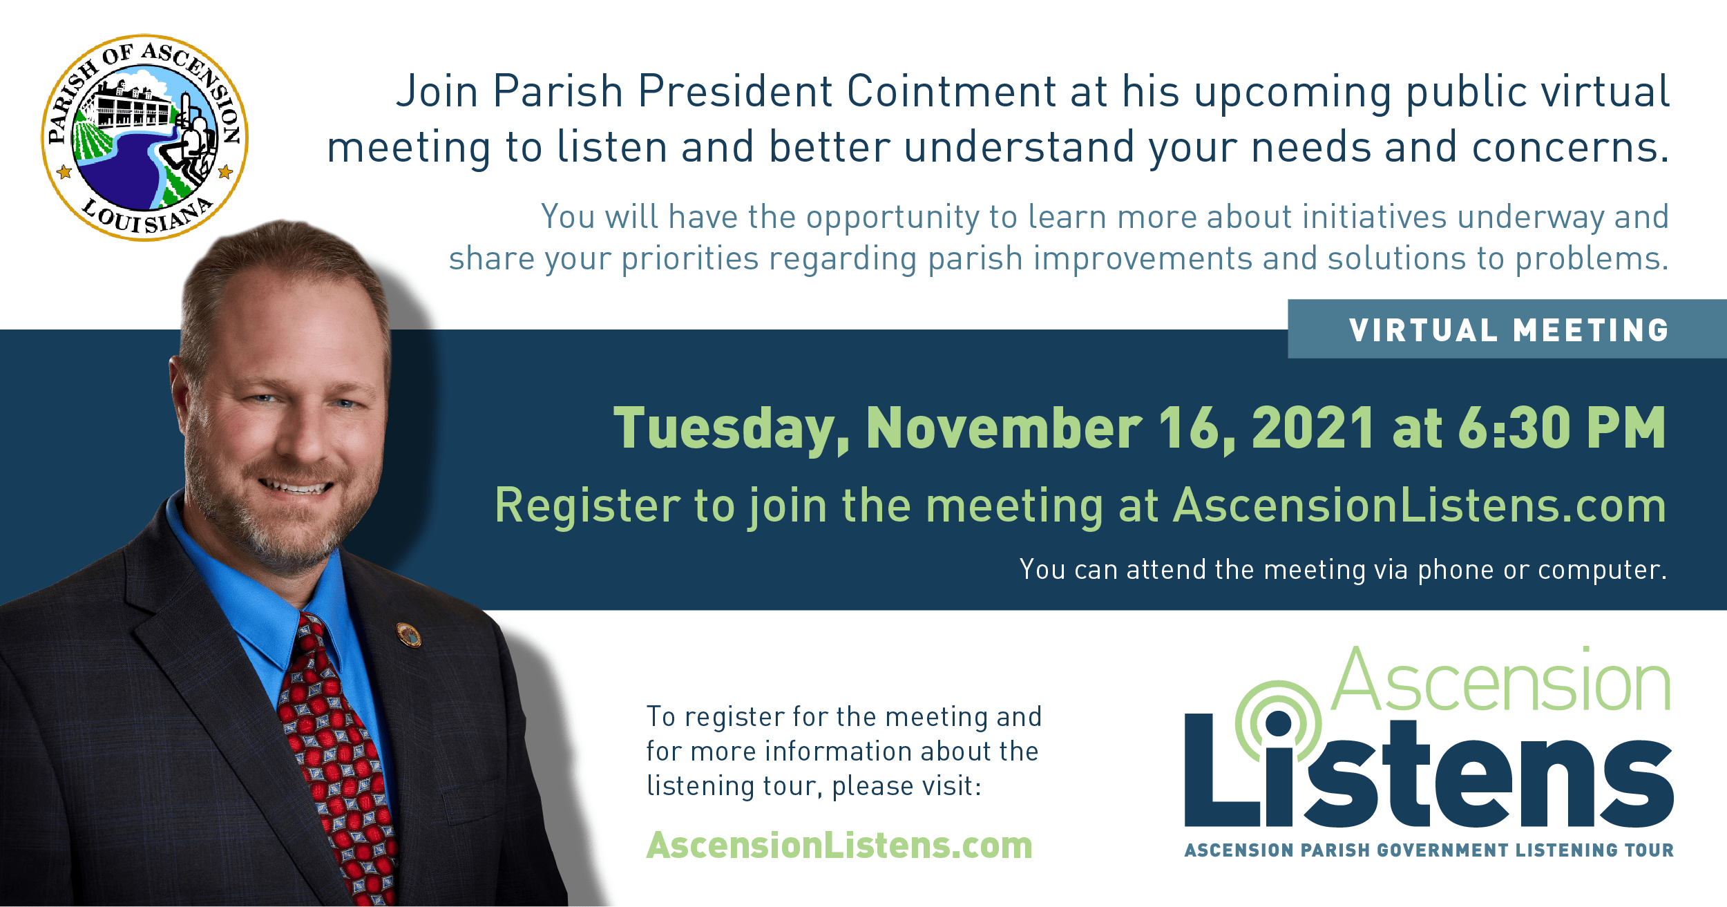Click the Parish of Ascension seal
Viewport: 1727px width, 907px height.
(x=144, y=137)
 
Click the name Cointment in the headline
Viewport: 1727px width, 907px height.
(x=951, y=91)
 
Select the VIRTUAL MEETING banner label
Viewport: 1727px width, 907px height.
(x=1509, y=330)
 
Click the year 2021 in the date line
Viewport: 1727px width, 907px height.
(x=1313, y=428)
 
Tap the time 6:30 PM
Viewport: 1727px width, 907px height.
(x=1562, y=428)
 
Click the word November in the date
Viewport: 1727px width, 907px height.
(x=1004, y=428)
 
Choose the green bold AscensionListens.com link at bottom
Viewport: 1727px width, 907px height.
(x=839, y=845)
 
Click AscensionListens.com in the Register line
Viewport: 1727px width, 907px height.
(x=1420, y=505)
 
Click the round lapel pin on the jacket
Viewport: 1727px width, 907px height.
(x=408, y=635)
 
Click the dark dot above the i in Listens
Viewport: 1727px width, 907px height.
(x=1279, y=724)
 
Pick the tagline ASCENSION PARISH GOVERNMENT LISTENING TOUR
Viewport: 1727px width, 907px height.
(x=1429, y=850)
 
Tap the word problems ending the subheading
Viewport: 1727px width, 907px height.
(x=1592, y=260)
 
